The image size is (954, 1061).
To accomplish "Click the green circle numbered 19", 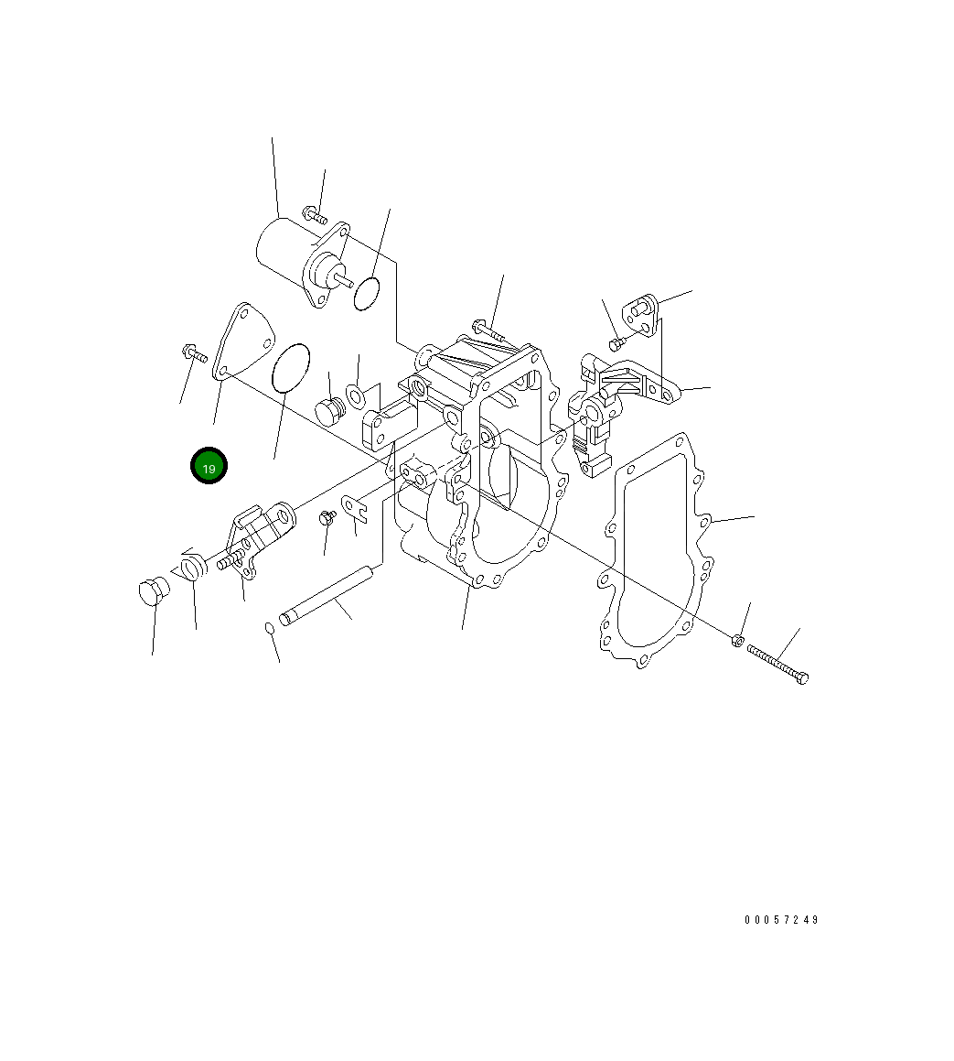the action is point(209,466).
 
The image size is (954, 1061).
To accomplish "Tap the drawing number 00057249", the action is point(782,920).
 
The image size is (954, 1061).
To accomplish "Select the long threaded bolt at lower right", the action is point(777,663).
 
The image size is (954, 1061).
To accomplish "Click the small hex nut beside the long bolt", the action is point(737,639).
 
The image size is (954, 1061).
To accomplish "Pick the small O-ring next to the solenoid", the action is point(367,293).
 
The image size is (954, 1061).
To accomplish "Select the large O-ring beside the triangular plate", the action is point(291,368).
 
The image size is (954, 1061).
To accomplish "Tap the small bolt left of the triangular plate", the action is point(195,352).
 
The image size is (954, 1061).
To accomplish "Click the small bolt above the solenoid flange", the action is point(315,215).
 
